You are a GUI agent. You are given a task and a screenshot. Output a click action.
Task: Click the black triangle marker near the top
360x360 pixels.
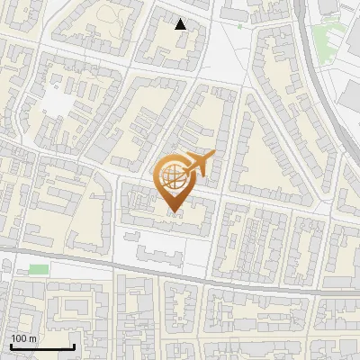click(x=181, y=24)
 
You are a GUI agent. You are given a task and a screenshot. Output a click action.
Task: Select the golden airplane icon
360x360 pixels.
click(x=197, y=164)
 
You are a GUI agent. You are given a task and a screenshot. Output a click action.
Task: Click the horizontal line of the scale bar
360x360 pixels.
click(x=41, y=346)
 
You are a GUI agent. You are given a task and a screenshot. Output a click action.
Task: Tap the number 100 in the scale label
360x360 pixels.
click(x=18, y=338)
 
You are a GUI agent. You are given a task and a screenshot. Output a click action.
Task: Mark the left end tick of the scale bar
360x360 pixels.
click(x=11, y=345)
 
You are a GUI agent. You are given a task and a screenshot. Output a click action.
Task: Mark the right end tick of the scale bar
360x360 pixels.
click(x=73, y=345)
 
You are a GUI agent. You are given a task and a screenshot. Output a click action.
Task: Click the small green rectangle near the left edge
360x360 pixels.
click(x=38, y=269)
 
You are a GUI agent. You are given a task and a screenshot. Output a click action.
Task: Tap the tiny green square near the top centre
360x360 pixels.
click(x=240, y=26)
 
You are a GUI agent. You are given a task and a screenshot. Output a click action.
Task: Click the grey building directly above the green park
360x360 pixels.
click(x=328, y=9)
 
